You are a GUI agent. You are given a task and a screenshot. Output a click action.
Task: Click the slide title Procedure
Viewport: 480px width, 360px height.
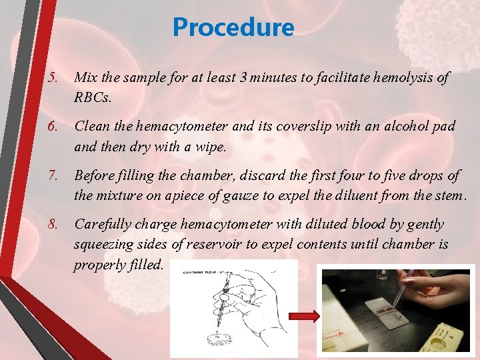pyautogui.click(x=233, y=27)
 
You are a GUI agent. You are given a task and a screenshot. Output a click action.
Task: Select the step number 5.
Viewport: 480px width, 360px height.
pyautogui.click(x=53, y=78)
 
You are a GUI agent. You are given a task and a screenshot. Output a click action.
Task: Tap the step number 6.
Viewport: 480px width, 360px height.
pyautogui.click(x=53, y=126)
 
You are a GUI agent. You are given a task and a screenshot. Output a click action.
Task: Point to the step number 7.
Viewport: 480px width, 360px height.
pyautogui.click(x=53, y=175)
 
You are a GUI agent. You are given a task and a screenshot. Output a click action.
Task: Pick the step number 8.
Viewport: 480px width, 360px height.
pyautogui.click(x=53, y=225)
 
